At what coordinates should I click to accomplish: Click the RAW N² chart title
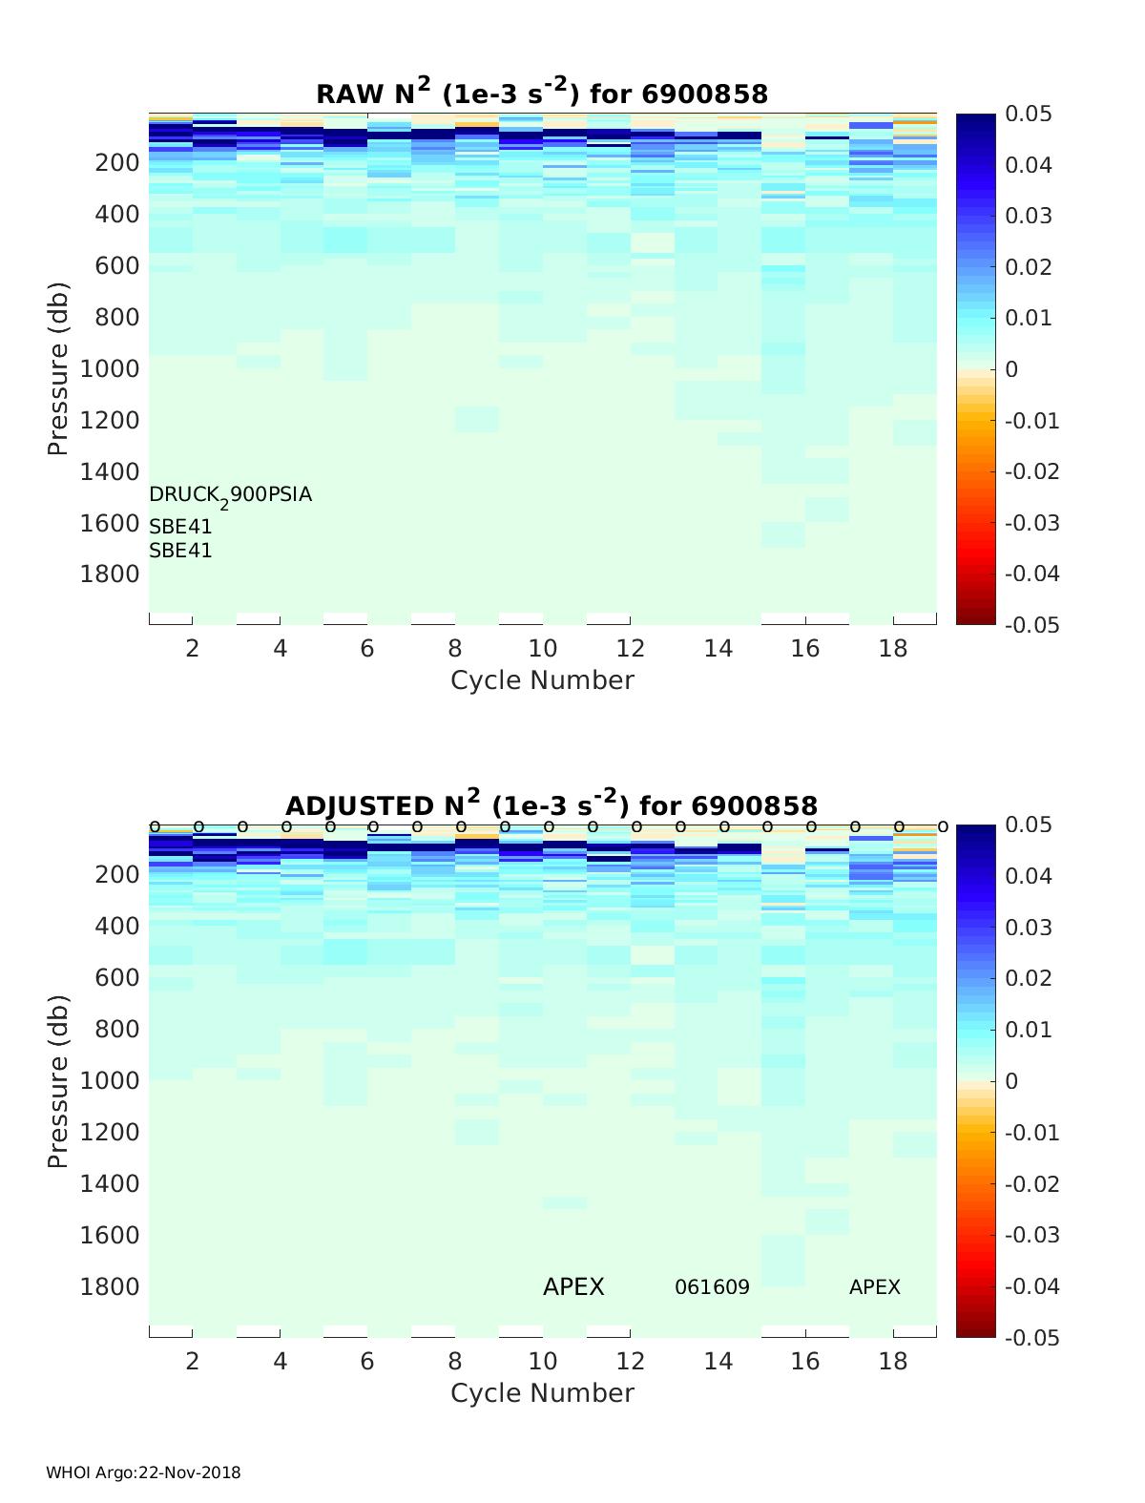542,93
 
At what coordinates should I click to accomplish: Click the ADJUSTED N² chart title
552,804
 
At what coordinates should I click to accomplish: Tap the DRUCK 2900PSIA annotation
230,495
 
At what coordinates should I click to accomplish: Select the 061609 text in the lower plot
712,1287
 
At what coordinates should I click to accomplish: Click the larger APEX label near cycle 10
573,1287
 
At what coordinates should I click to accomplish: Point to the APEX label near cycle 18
874,1287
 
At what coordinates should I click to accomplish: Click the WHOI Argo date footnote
143,1472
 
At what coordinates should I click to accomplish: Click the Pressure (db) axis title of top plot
58,368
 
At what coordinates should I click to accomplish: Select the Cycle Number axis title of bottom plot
542,1393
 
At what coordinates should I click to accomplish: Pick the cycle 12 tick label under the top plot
630,649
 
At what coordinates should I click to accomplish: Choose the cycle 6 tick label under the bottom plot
367,1361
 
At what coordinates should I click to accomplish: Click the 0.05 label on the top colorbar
1029,115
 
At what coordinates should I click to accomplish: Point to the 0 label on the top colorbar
1012,369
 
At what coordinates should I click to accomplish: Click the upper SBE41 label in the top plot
180,527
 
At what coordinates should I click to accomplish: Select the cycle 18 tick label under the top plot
892,649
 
